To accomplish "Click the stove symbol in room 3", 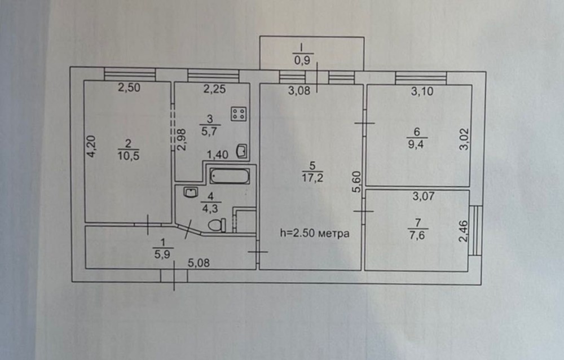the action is [x=239, y=114].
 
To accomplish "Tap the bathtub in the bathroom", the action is [x=230, y=176].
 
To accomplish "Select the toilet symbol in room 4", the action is [x=217, y=225].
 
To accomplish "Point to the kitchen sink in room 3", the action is [x=241, y=151].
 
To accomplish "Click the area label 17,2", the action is [x=312, y=178].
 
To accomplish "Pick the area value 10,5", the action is [x=129, y=156].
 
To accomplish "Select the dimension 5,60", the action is [x=356, y=182].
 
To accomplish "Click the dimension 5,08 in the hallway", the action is [x=199, y=263].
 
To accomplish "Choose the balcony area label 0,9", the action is [x=302, y=60].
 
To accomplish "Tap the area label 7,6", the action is [x=417, y=235].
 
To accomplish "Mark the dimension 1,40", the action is [x=217, y=155].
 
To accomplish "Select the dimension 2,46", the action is [x=464, y=231].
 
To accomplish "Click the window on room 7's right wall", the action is [x=475, y=230].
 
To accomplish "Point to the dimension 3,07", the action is [x=424, y=196].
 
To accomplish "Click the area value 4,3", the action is [x=210, y=208].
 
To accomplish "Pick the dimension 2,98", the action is [x=182, y=140].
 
